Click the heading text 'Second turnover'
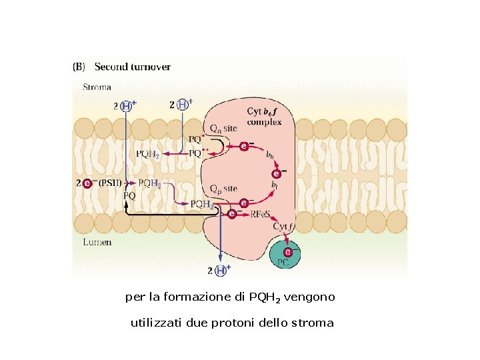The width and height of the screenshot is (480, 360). click(x=132, y=67)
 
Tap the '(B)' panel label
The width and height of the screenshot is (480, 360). click(x=79, y=67)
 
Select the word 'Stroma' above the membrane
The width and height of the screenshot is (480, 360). click(x=97, y=87)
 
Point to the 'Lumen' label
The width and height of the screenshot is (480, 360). click(x=97, y=243)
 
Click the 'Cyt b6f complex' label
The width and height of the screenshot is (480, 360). click(x=263, y=117)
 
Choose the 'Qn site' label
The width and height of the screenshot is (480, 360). click(x=223, y=128)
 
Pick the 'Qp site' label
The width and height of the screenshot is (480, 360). click(x=223, y=189)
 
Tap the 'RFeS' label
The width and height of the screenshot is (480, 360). click(x=259, y=214)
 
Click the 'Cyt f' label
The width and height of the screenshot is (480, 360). click(x=283, y=227)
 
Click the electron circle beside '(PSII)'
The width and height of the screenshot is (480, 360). click(x=87, y=183)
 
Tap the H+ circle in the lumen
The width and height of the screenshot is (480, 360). click(x=219, y=270)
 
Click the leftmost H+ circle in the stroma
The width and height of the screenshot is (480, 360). click(x=125, y=105)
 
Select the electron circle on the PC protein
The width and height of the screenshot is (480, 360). click(x=287, y=252)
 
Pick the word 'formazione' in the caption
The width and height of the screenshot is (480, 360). click(x=207, y=296)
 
